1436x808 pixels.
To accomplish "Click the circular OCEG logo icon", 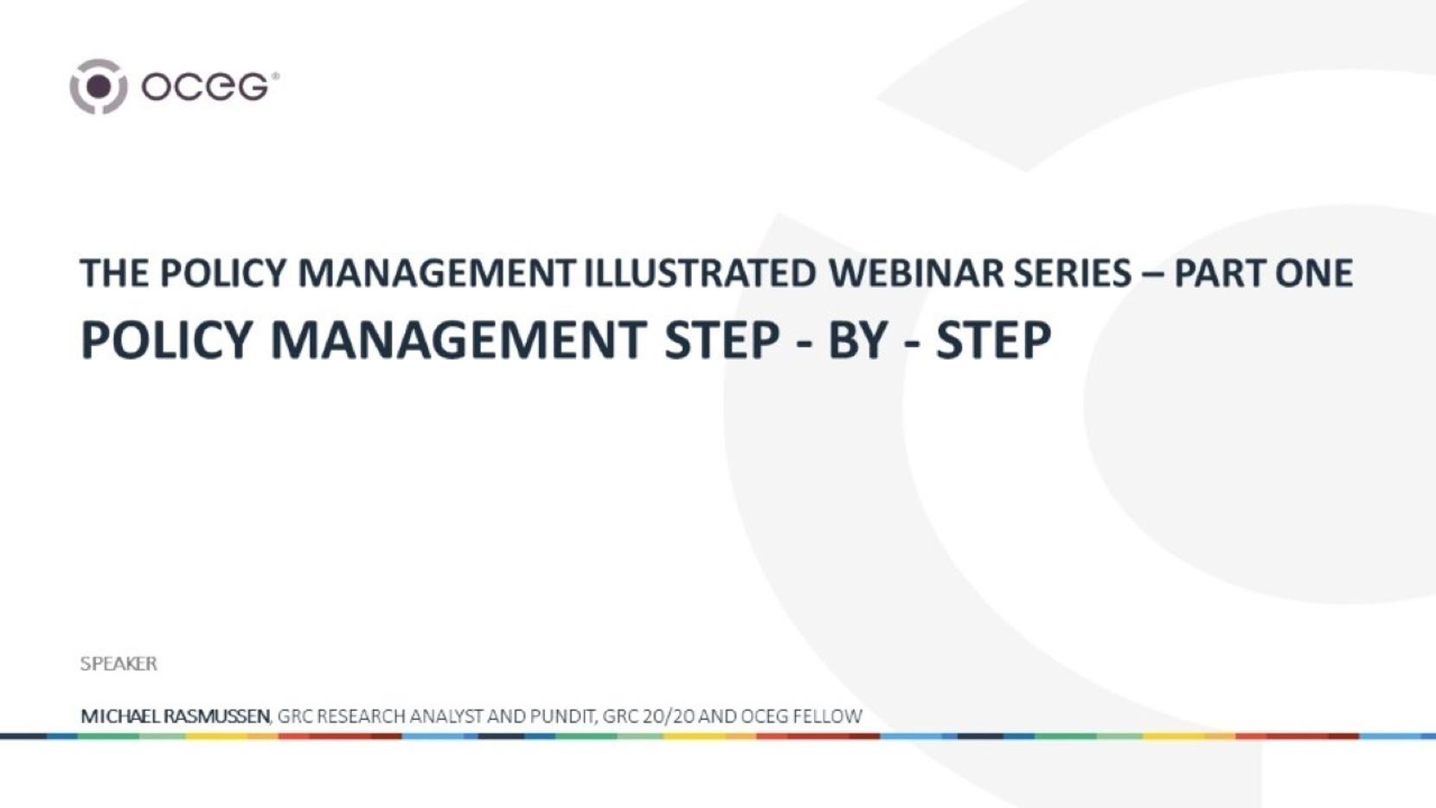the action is pyautogui.click(x=98, y=87).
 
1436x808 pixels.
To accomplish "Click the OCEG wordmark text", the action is pyautogui.click(x=206, y=87).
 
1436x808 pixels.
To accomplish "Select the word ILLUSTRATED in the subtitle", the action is pyautogui.click(x=700, y=273).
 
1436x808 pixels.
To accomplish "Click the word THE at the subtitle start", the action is pyautogui.click(x=115, y=273).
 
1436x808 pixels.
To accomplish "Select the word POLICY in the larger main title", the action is pyautogui.click(x=164, y=340).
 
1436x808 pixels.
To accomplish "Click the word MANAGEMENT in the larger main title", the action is pyautogui.click(x=458, y=340).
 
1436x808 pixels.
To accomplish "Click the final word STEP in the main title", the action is pyautogui.click(x=994, y=340).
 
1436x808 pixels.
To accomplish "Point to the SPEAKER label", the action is pyautogui.click(x=119, y=663).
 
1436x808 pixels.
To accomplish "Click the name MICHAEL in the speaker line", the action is pyautogui.click(x=120, y=715).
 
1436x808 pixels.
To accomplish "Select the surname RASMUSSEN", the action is pyautogui.click(x=216, y=715).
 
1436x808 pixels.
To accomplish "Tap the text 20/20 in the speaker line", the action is pyautogui.click(x=666, y=715).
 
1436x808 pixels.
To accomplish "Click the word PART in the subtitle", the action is pyautogui.click(x=1218, y=273).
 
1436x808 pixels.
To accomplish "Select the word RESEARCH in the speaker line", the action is pyautogui.click(x=360, y=715).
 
